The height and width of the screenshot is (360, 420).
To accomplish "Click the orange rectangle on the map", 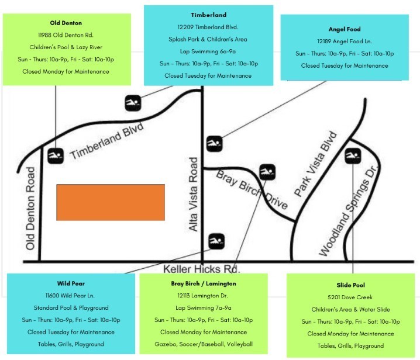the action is tap(111, 202).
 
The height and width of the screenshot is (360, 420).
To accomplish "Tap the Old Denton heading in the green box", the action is tap(66, 23).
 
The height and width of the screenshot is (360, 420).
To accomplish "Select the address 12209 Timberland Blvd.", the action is tap(208, 27).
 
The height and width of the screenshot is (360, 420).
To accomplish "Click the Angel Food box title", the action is tap(345, 29).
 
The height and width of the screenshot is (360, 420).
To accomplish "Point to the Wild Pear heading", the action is tap(71, 283).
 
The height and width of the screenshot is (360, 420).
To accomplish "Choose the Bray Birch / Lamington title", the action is tap(204, 283).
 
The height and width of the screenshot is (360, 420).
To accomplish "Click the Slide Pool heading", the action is tap(350, 285).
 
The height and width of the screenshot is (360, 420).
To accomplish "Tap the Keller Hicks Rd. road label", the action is tap(201, 269).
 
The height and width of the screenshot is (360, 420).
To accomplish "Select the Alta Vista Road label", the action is tap(193, 195).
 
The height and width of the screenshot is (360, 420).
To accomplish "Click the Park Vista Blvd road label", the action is tap(315, 164).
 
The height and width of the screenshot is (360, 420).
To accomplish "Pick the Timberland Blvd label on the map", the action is tap(106, 141).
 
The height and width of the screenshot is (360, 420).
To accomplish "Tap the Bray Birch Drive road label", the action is tap(252, 189).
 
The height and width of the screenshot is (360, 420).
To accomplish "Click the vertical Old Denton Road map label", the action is tap(30, 209).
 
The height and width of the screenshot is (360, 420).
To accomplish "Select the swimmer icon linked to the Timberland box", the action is tap(133, 103).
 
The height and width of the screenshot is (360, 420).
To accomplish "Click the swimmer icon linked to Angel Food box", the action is tap(214, 144).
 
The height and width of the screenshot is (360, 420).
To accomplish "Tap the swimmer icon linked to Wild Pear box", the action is tap(216, 241).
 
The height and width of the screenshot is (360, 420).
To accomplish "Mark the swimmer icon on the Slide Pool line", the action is tap(353, 156).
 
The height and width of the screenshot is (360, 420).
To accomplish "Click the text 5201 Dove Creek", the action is tap(350, 297).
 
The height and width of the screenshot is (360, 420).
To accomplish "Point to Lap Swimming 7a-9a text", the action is tap(204, 308).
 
